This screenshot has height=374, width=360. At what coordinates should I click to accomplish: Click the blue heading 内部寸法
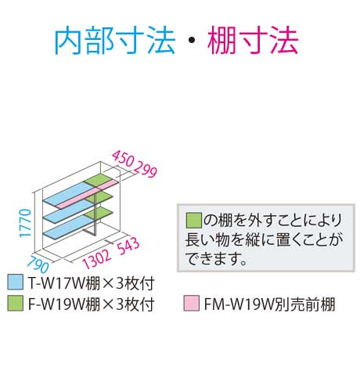pyautogui.click(x=115, y=41)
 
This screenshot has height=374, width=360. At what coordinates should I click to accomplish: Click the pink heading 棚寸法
pyautogui.click(x=253, y=41)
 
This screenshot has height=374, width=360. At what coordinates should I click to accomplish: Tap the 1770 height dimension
pyautogui.click(x=26, y=223)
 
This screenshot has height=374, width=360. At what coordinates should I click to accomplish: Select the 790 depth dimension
pyautogui.click(x=38, y=264)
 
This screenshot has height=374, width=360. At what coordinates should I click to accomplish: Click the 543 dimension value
pyautogui.click(x=128, y=246)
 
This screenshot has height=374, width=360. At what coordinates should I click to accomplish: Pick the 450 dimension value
pyautogui.click(x=123, y=159)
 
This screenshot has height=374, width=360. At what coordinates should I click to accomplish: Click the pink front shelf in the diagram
pyautogui.click(x=88, y=194)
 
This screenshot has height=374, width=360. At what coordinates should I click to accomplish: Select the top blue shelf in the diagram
pyautogui.click(x=68, y=194)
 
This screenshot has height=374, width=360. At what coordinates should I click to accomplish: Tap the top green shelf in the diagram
pyautogui.click(x=101, y=178)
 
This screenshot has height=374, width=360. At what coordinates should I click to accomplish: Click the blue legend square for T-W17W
pyautogui.click(x=16, y=282)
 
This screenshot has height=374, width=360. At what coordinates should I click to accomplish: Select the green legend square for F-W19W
pyautogui.click(x=16, y=304)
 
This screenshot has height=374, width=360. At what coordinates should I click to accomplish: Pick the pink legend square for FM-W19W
pyautogui.click(x=192, y=304)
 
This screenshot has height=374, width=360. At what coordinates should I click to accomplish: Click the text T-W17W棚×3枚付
pyautogui.click(x=91, y=282)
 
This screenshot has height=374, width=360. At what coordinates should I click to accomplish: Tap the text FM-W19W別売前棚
pyautogui.click(x=269, y=304)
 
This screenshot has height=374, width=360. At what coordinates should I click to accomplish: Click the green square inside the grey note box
pyautogui.click(x=194, y=221)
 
